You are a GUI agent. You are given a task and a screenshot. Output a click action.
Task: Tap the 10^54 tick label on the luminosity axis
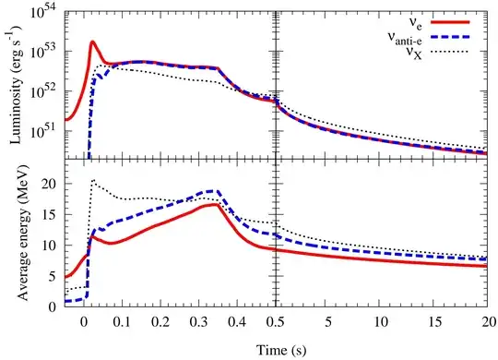42,11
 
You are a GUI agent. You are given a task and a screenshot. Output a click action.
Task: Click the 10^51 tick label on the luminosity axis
42,132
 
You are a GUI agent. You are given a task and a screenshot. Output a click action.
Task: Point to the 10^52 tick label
42,91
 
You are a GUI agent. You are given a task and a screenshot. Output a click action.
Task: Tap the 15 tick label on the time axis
434,322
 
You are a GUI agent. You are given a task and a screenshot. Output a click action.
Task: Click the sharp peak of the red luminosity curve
93,42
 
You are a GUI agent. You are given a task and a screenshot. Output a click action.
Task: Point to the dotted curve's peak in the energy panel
93,181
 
